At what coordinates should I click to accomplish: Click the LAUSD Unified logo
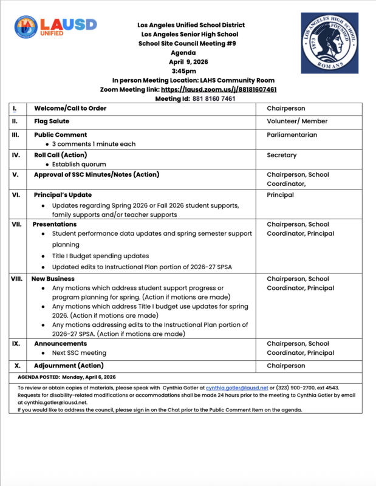55,27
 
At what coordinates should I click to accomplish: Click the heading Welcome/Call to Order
70,109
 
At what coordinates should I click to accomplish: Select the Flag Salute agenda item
51,122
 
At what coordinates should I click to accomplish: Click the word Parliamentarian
292,135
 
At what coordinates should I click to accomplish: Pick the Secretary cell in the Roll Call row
281,156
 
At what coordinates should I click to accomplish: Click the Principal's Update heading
63,195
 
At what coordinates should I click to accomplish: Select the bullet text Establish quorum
79,165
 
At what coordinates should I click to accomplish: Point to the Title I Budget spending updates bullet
100,256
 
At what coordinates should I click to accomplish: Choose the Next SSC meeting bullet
79,353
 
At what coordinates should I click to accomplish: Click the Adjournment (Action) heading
69,366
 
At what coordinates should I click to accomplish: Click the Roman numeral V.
16,175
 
